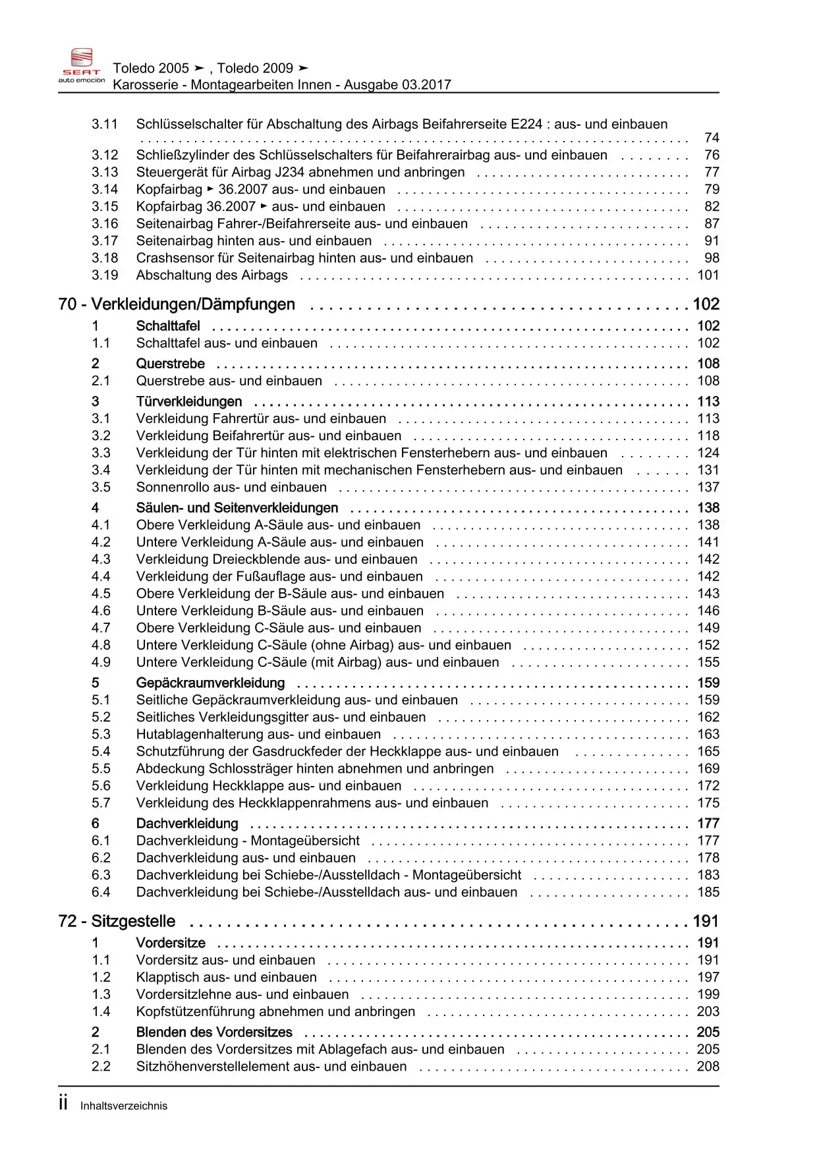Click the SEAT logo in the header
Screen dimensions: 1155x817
(82, 66)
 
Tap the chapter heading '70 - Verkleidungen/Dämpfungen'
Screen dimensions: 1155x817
(177, 304)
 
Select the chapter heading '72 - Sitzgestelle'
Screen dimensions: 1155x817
(117, 921)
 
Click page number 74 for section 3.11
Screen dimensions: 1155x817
(712, 138)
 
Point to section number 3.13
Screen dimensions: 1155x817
(105, 172)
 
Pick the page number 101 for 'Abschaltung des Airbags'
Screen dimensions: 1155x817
(708, 275)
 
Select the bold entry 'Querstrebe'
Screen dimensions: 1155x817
(170, 364)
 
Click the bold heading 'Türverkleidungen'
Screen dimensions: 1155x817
(189, 402)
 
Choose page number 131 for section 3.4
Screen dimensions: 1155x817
(708, 470)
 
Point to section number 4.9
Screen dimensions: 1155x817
(101, 662)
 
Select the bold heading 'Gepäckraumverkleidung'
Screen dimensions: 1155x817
(210, 683)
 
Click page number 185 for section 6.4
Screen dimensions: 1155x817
(708, 892)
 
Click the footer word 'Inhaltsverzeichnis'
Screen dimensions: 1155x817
(124, 1106)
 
